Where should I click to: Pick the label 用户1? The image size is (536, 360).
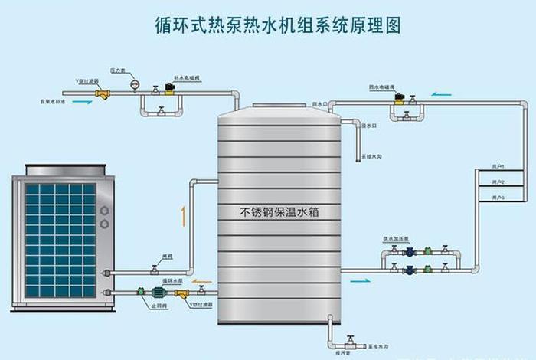[498, 167]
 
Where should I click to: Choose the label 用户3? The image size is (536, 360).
[498, 198]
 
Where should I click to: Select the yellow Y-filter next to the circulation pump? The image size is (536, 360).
[182, 293]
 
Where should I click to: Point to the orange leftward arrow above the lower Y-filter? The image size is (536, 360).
[201, 281]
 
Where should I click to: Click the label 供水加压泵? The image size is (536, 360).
[395, 239]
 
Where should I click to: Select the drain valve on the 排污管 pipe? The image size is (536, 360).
[349, 339]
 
